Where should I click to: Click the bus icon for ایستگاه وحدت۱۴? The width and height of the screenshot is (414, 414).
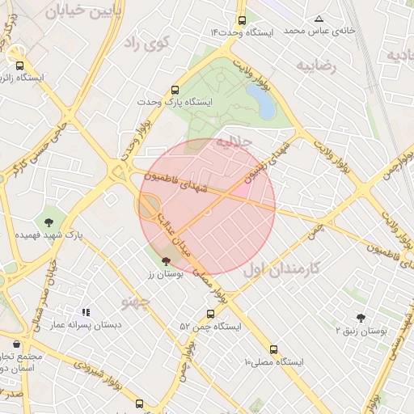click(x=242, y=21)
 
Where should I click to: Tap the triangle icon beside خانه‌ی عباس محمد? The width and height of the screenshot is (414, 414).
click(x=319, y=19)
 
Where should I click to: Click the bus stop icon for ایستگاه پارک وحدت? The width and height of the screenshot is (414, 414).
click(x=175, y=91)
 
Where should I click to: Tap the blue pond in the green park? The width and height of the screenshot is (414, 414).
click(x=261, y=102)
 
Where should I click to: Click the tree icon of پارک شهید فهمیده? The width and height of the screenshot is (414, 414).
click(x=49, y=222)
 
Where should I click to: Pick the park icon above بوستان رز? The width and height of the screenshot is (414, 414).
click(x=167, y=261)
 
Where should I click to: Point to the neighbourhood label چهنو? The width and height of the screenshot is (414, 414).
click(x=136, y=302)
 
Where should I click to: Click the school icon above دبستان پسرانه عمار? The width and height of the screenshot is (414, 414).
click(x=86, y=312)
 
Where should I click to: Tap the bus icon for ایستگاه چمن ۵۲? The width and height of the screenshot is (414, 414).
click(x=210, y=315)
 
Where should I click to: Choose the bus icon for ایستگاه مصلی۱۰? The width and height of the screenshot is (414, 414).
click(x=273, y=349)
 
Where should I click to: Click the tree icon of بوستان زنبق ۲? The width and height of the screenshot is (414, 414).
click(x=361, y=319)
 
